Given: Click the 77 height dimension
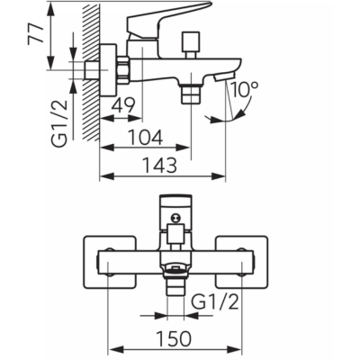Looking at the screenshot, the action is point(35,33).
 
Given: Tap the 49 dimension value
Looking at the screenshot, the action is point(123,105).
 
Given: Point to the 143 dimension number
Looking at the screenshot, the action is point(159,165).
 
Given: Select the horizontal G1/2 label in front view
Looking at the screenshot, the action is point(215,302).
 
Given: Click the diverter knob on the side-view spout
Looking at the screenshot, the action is point(191,44).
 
